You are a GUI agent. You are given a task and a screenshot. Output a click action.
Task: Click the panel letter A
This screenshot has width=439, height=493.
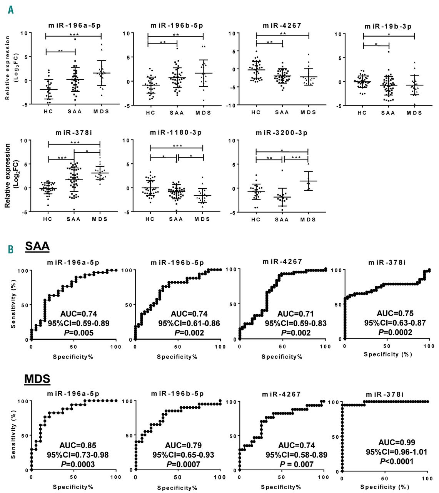[10, 9]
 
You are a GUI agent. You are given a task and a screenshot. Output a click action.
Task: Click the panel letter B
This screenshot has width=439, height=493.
[10, 249]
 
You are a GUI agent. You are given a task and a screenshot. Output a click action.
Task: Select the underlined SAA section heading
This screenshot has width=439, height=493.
[37, 246]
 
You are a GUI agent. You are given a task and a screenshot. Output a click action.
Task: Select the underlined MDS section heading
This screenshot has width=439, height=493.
[37, 379]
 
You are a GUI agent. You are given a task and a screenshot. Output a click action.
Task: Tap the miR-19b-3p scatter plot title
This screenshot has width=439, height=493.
[388, 27]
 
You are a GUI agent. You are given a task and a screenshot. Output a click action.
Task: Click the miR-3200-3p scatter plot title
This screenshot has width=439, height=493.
[282, 133]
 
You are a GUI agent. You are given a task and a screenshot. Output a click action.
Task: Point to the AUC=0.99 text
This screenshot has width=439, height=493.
[397, 443]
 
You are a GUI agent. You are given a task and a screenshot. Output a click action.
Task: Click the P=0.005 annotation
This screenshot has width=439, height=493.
[78, 332]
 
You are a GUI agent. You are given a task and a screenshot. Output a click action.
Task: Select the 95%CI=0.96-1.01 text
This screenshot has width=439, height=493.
[397, 452]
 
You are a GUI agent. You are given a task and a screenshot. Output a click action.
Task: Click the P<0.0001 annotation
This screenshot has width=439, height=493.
[397, 461]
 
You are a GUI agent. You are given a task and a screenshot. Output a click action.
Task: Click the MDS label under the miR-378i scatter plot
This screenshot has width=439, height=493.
[100, 219]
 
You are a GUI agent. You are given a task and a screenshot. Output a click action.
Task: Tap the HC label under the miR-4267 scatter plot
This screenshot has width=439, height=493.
[256, 112]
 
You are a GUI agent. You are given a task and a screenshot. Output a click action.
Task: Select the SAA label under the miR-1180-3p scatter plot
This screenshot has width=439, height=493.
[176, 219]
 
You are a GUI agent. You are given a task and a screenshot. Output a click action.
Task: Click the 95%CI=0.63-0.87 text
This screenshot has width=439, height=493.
[395, 323]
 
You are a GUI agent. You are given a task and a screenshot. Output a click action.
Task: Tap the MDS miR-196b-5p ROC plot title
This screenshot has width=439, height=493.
[177, 394]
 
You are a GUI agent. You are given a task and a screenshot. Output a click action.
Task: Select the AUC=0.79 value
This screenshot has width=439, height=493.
[183, 446]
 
